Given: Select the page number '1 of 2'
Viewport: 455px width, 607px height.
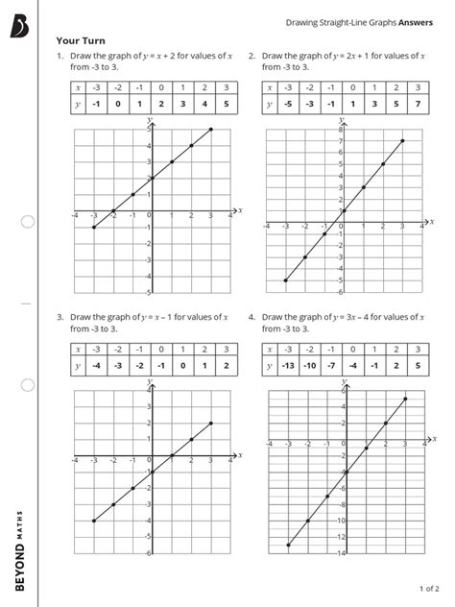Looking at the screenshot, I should tap(428, 587).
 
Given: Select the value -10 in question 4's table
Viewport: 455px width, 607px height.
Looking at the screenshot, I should tap(310, 365).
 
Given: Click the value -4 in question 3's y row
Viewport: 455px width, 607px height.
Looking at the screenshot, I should tap(94, 365).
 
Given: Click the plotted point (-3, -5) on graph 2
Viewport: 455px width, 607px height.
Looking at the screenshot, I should tap(286, 280).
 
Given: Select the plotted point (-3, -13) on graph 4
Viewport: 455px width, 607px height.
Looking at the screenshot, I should tap(288, 546).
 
